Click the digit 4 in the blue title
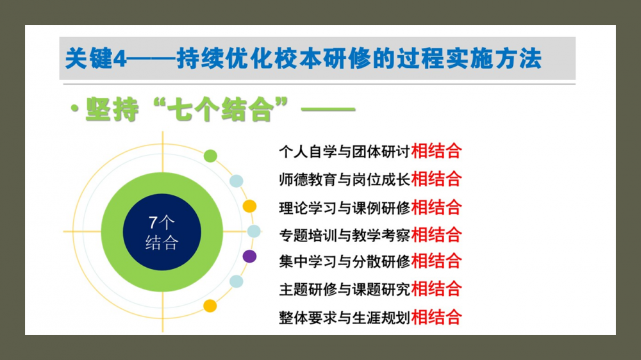click(x=119, y=59)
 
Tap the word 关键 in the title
click(x=88, y=58)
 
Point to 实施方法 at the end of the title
click(x=494, y=58)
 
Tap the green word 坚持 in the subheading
click(x=112, y=109)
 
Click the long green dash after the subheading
click(x=328, y=109)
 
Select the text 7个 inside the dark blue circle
click(x=162, y=222)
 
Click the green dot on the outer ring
click(x=210, y=156)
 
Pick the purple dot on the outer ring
click(x=249, y=257)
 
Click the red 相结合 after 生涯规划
click(x=437, y=317)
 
